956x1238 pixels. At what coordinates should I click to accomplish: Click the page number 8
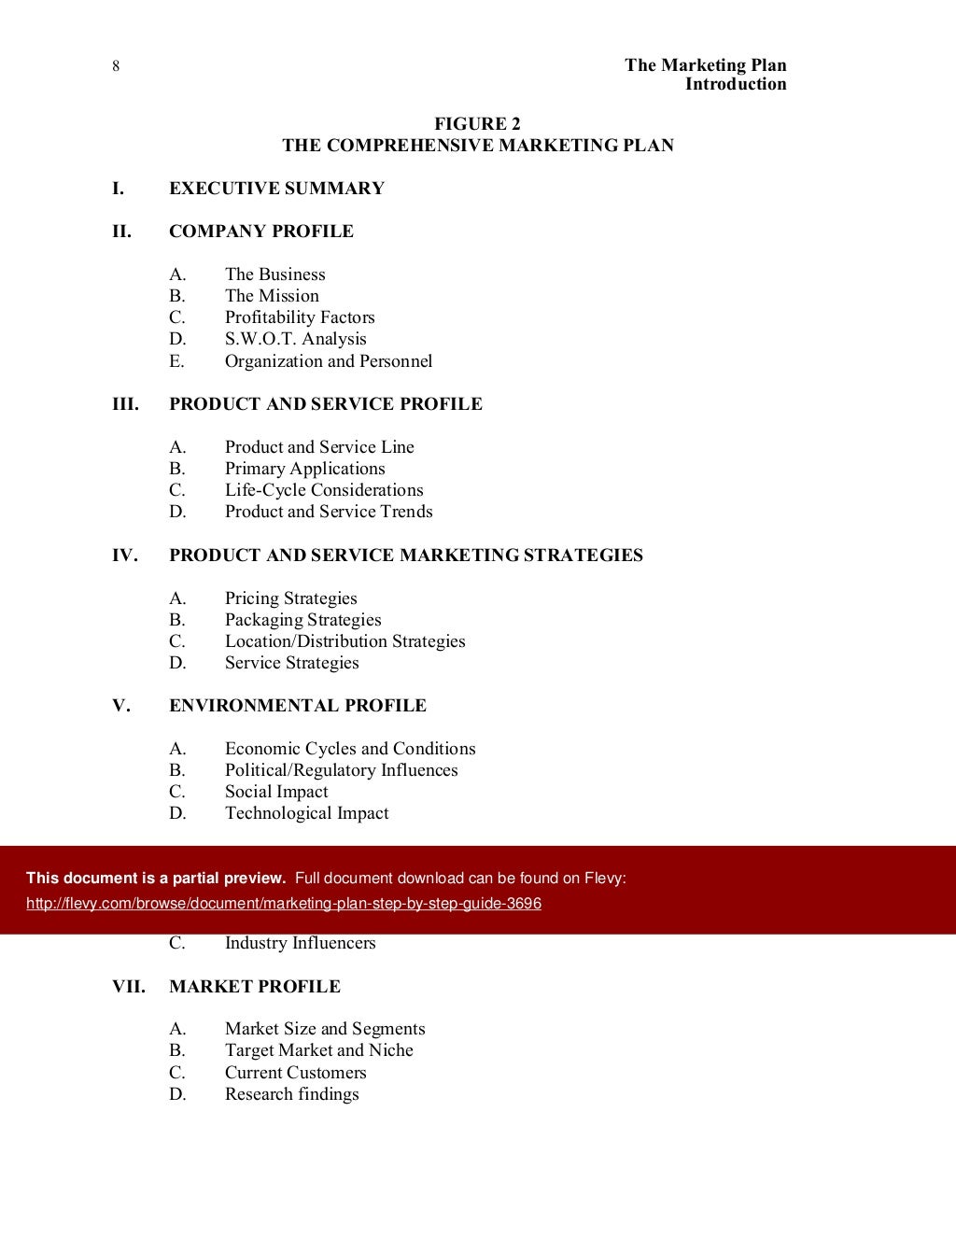(115, 65)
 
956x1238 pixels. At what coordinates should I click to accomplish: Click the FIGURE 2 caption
(477, 124)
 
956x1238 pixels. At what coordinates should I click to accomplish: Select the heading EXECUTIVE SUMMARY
(276, 189)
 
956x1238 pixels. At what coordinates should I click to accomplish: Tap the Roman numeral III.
(125, 404)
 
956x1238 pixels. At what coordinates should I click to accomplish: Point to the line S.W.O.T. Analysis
(295, 339)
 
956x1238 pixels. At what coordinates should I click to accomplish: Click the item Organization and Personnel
(328, 361)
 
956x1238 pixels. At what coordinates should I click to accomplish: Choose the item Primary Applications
(304, 469)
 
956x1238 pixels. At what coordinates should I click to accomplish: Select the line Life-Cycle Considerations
(323, 490)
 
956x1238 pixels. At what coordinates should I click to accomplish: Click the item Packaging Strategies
(302, 620)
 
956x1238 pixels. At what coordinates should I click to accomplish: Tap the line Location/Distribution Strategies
(344, 641)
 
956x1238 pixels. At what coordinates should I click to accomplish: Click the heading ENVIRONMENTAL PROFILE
(297, 706)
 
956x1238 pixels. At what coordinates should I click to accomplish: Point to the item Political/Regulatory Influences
(341, 770)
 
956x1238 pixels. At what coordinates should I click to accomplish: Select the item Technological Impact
(306, 813)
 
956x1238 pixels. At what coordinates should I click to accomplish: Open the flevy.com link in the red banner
(284, 904)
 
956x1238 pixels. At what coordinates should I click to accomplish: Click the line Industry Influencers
(300, 943)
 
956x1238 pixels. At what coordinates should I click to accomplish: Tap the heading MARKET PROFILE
(254, 987)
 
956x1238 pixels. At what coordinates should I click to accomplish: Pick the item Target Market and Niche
(318, 1050)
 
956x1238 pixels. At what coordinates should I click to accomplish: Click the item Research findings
(291, 1094)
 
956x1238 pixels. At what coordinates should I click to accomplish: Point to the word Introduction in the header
(736, 84)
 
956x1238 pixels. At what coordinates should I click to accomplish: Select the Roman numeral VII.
(129, 987)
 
